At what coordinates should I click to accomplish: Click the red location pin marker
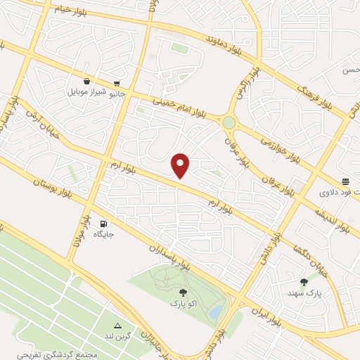[181, 165]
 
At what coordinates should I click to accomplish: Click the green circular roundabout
[229, 123]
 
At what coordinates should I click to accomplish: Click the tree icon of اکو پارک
[184, 292]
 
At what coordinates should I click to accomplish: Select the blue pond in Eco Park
[217, 310]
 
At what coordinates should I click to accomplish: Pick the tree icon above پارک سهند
[303, 281]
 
